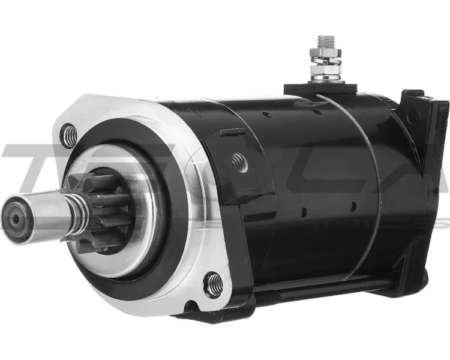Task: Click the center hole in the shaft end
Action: [x=14, y=220]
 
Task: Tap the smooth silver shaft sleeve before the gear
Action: [x=45, y=213]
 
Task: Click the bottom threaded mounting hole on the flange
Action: [x=213, y=284]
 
